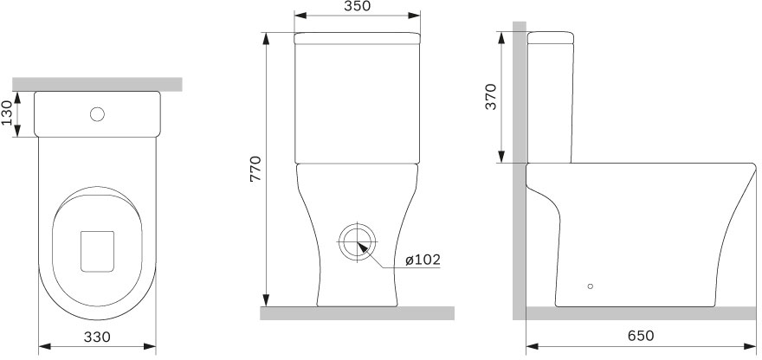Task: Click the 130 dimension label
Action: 8,113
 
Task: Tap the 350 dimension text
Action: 357,7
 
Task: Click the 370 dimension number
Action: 491,96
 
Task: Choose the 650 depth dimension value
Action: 639,336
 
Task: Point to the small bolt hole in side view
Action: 591,285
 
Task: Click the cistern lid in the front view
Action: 358,38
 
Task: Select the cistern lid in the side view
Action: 552,37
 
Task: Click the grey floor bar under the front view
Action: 358,312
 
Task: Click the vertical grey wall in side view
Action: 519,173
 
